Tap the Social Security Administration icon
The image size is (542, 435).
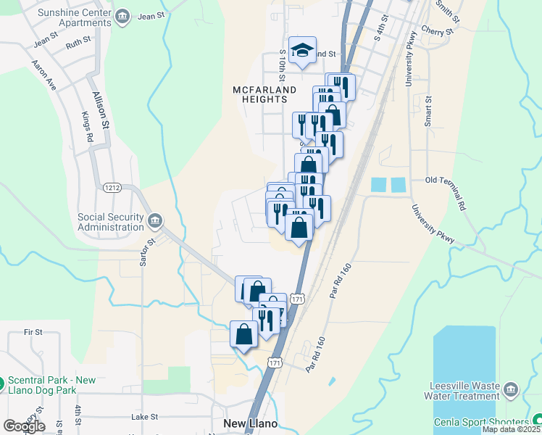tap(155, 220)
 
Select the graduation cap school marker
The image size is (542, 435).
tap(302, 49)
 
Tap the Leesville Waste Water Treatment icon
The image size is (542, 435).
tap(511, 391)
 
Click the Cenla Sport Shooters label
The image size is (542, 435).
tap(481, 423)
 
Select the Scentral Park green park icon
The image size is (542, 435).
tap(2, 380)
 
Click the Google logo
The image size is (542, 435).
tap(24, 426)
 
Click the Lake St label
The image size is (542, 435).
tap(144, 417)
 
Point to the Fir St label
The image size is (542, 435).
tap(33, 332)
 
